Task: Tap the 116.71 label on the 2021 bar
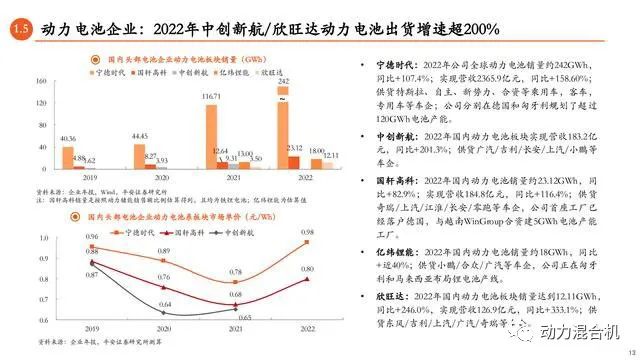click(x=210, y=96)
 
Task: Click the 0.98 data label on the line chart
click(x=306, y=232)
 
